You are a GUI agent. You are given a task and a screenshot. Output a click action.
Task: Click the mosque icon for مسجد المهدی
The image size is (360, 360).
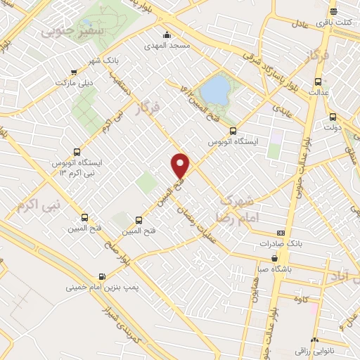[x=167, y=35]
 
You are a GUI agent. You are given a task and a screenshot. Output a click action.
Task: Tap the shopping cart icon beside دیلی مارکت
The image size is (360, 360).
[x=74, y=72]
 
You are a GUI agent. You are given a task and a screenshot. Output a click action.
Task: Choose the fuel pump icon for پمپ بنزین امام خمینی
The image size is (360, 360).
[x=103, y=276]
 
